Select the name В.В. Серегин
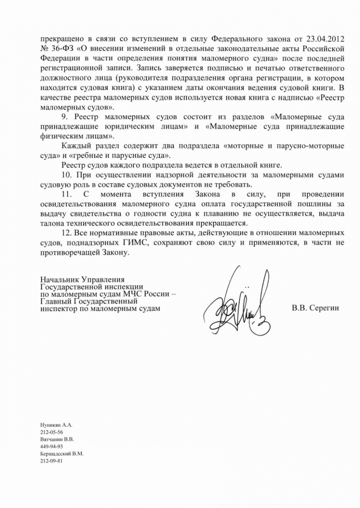pyautogui.click(x=315, y=308)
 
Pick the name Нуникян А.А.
pyautogui.click(x=53, y=425)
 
